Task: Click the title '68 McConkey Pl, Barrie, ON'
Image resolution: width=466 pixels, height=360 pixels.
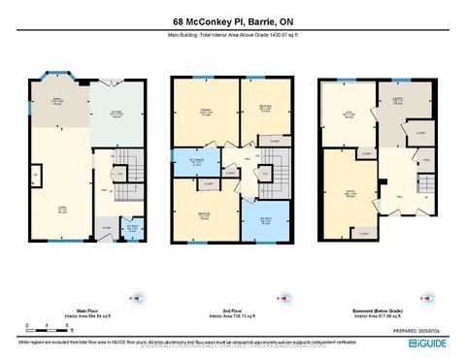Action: [232, 20]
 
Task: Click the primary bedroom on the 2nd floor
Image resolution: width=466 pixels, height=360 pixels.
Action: [204, 112]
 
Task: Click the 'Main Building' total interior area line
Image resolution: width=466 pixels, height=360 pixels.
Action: [232, 36]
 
